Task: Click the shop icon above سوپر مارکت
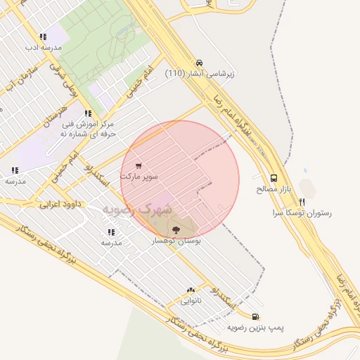click(x=139, y=166)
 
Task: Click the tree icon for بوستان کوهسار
click(x=176, y=229)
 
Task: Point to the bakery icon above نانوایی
click(x=190, y=290)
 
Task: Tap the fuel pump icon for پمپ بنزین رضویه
click(x=255, y=316)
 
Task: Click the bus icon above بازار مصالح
click(x=274, y=179)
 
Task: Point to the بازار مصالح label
click(x=274, y=190)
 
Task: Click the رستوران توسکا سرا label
click(x=304, y=212)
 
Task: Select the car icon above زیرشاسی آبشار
click(x=200, y=62)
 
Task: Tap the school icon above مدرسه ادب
click(x=43, y=37)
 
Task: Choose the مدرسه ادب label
click(x=43, y=48)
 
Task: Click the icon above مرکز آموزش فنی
click(x=87, y=112)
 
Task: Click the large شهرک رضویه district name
click(x=136, y=210)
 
